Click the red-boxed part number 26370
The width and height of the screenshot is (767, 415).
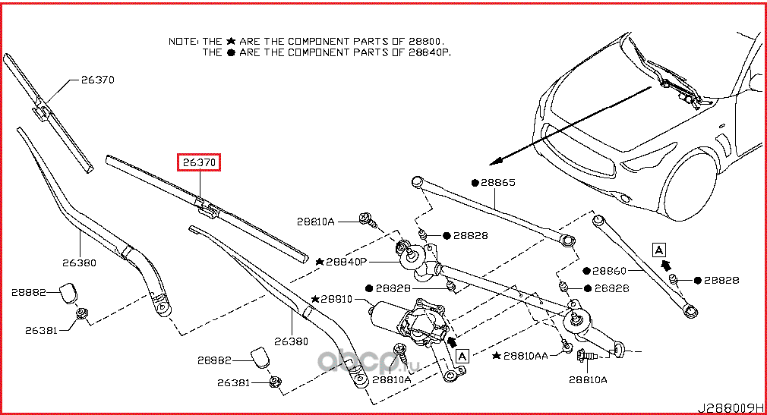click(x=198, y=162)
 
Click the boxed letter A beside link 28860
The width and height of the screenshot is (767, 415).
click(x=658, y=248)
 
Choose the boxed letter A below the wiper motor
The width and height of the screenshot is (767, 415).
click(x=462, y=353)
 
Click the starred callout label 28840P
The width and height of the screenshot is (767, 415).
click(x=346, y=261)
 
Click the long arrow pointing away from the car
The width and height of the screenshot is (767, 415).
click(x=570, y=125)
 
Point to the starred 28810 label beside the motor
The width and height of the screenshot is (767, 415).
click(x=336, y=300)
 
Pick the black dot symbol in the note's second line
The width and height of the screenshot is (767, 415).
click(x=231, y=53)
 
